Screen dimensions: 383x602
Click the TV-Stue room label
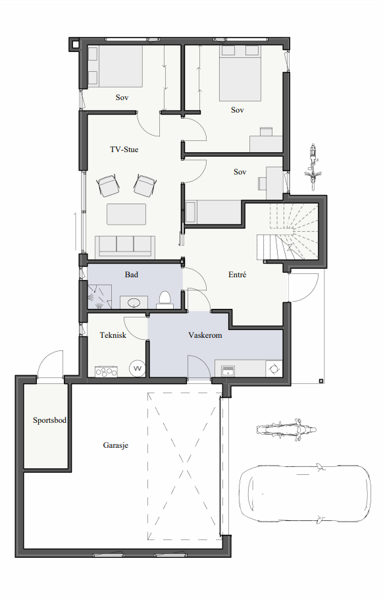124,150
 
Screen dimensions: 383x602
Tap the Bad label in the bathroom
131,275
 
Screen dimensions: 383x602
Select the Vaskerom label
205,335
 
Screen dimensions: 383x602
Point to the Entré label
237,275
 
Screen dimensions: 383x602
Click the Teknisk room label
113,335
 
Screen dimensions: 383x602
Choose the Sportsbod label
49,420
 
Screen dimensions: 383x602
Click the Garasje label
116,445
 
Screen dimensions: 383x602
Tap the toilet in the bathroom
165,300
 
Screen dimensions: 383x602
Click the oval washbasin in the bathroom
134,303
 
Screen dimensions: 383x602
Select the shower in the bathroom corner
99,296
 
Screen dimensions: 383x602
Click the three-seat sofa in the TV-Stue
125,246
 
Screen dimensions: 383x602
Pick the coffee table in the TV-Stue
126,214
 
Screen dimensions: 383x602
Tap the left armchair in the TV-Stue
108,186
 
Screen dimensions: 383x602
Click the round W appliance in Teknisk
138,369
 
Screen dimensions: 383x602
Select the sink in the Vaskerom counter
228,371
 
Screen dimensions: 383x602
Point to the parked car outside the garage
305,493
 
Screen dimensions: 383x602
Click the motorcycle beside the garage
286,429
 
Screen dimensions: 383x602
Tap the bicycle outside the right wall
313,167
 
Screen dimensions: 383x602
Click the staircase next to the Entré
288,233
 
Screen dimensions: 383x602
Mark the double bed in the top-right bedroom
240,74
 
